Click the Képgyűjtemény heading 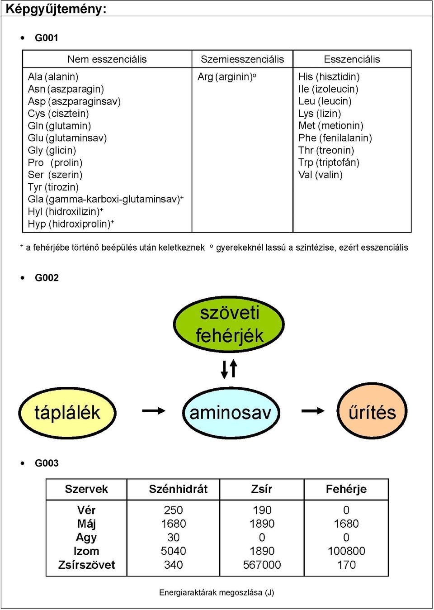(56, 9)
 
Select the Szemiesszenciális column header (242, 59)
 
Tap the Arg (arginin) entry (226, 77)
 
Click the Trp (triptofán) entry (329, 162)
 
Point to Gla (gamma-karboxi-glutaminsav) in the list (106, 199)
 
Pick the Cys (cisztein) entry (58, 113)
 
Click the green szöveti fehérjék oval (229, 324)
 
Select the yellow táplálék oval (67, 413)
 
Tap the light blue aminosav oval (231, 413)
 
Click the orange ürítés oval (372, 412)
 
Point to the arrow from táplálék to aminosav (154, 410)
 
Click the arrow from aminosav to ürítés (313, 410)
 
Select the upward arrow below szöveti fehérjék (233, 368)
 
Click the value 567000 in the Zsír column (262, 565)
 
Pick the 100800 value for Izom (346, 551)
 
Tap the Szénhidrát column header (178, 489)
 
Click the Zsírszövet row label (86, 565)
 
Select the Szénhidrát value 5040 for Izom (173, 551)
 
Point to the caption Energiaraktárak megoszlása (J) (217, 592)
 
